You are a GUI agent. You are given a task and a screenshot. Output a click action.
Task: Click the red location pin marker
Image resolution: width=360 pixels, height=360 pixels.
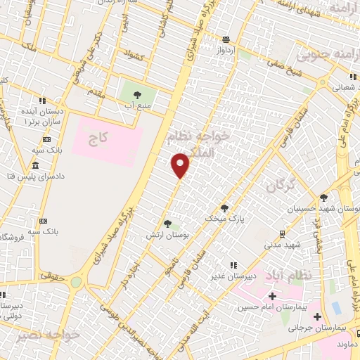(181, 165)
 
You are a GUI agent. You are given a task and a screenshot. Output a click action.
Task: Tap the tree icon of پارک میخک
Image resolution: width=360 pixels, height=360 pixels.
(224, 207)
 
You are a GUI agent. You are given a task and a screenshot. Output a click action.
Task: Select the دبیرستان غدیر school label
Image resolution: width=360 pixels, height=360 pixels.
(231, 276)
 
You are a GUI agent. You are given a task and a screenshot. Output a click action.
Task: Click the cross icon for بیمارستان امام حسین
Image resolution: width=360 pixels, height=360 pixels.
(272, 297)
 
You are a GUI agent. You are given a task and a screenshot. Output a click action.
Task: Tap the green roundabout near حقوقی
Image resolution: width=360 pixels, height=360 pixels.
(76, 282)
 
